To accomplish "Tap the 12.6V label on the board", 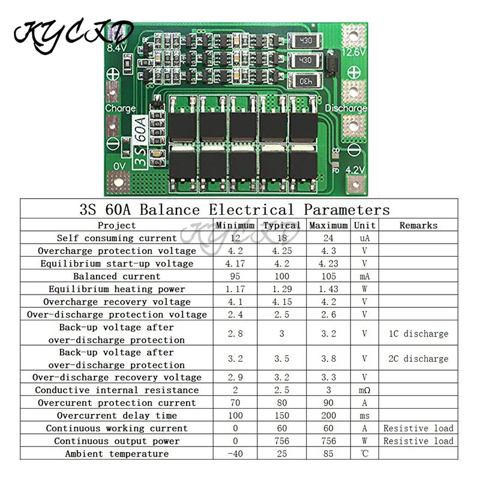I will click(x=354, y=52).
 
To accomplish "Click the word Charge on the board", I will click(x=120, y=109).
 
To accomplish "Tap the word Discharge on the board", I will click(x=346, y=109).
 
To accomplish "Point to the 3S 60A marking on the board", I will click(x=139, y=142).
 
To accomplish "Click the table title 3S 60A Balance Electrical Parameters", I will click(x=235, y=210).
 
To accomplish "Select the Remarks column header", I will click(x=418, y=226).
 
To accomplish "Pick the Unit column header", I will click(x=365, y=226).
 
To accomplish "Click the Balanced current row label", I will click(x=117, y=277).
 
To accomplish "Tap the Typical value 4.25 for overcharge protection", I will click(x=281, y=251).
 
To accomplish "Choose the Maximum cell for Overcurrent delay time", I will click(x=328, y=415).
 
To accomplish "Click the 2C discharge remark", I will click(x=418, y=359).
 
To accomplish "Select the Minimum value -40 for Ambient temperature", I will click(x=235, y=454).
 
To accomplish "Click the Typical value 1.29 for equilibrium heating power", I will click(x=281, y=289).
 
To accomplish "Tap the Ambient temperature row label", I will click(x=117, y=454).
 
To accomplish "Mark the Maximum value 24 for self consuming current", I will click(x=328, y=238).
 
